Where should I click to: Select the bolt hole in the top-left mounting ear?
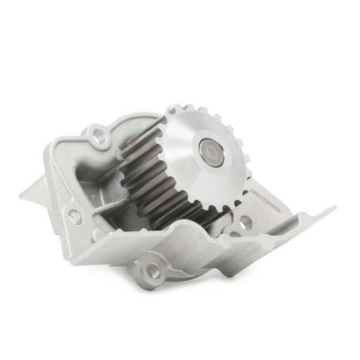click(x=96, y=136)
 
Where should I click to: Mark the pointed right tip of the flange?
click(x=335, y=208)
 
